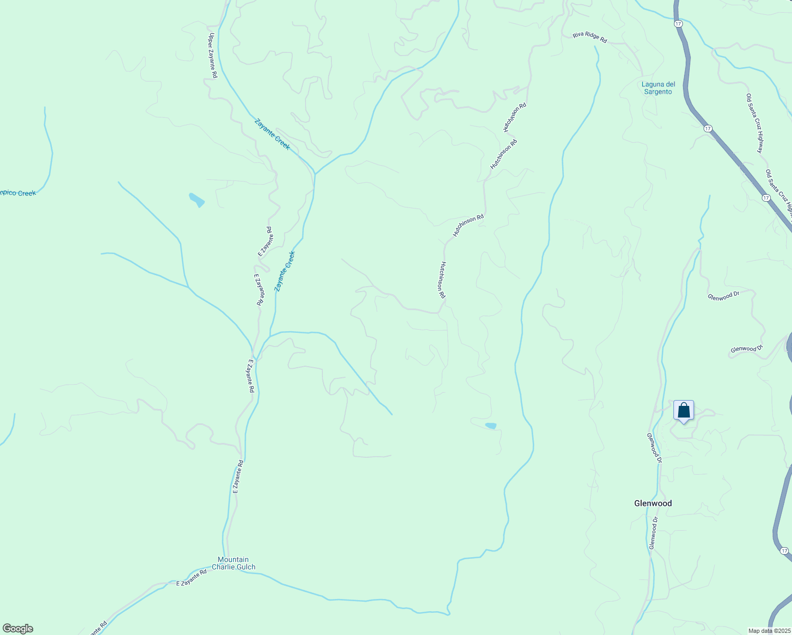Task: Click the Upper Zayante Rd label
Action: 212,56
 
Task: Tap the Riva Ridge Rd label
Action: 589,37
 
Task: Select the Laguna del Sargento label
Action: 658,88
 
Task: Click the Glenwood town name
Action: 653,503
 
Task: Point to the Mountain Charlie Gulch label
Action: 233,563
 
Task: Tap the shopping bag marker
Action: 683,411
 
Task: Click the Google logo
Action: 17,629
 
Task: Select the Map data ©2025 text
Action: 768,631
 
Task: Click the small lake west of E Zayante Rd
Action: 196,200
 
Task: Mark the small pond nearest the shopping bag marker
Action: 491,425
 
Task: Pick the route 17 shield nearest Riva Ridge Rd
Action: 678,24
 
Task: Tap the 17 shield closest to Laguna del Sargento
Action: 707,129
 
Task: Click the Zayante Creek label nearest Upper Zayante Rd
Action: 272,134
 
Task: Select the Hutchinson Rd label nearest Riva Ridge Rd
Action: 515,117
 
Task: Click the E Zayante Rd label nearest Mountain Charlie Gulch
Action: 191,577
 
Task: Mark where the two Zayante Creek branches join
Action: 315,174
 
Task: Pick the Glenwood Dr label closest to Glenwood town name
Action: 654,532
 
